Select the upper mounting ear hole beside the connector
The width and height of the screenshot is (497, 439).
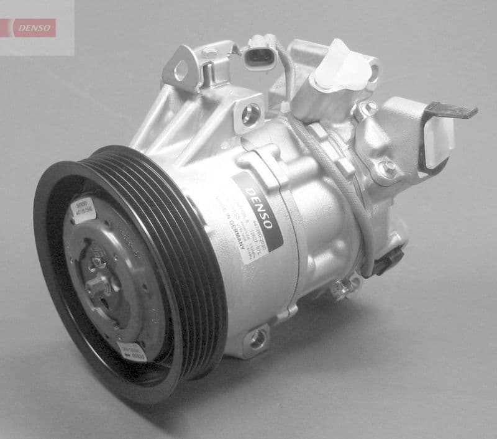tap(181, 71)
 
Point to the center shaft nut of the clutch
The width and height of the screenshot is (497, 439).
tap(99, 287)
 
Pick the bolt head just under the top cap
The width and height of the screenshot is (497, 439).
tap(367, 109)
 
